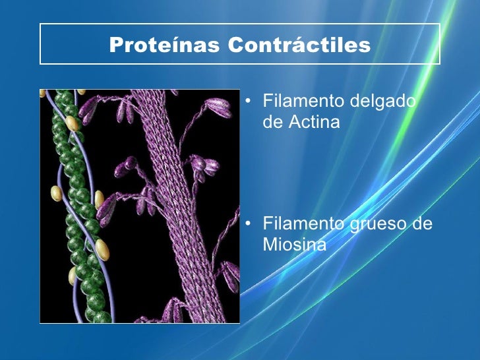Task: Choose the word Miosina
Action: pyautogui.click(x=294, y=245)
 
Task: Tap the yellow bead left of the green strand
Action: pyautogui.click(x=57, y=193)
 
